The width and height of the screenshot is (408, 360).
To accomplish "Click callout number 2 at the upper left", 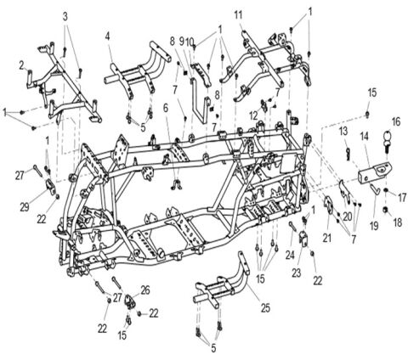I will pyautogui.click(x=21, y=64).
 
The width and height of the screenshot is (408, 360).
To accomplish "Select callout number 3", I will pyautogui.click(x=67, y=17).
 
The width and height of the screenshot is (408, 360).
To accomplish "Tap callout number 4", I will pyautogui.click(x=108, y=36).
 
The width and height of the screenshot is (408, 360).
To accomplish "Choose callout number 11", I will pyautogui.click(x=238, y=14).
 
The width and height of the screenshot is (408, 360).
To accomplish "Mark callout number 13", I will pyautogui.click(x=344, y=131).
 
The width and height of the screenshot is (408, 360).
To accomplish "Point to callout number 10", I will pyautogui.click(x=193, y=40).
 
